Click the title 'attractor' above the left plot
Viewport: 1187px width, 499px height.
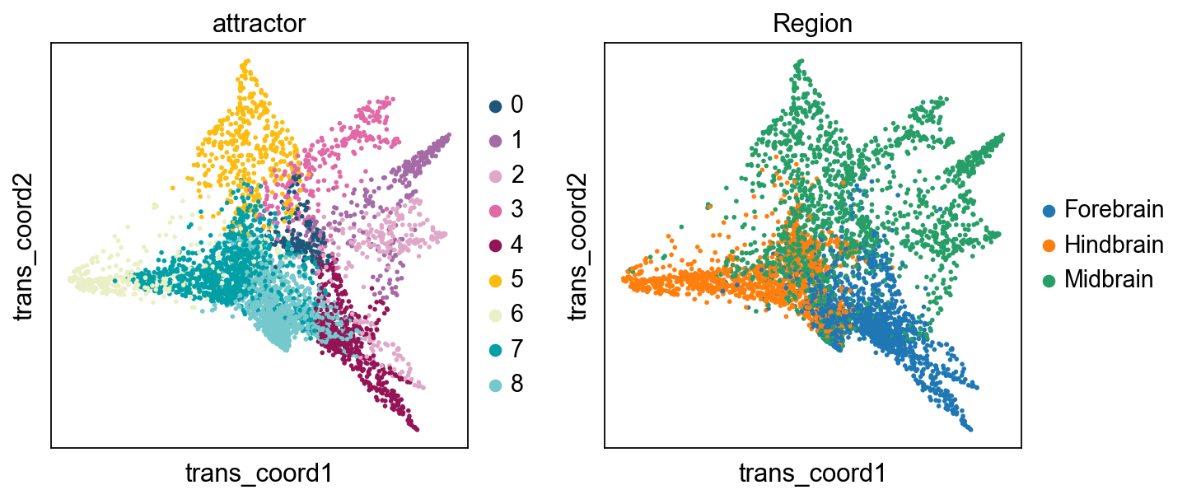coord(259,24)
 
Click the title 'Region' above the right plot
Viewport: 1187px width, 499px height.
coord(812,24)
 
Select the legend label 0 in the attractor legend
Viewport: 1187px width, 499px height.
coord(516,105)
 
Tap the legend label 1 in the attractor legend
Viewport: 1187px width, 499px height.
coord(516,140)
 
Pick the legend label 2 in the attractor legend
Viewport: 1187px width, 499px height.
coord(516,175)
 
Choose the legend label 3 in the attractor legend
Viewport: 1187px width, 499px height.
coord(516,210)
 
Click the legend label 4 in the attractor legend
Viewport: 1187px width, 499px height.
coord(516,245)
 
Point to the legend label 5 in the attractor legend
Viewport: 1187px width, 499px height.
coord(516,279)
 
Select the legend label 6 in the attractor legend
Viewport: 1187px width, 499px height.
coord(516,315)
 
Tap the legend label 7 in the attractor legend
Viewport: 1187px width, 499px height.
coord(516,349)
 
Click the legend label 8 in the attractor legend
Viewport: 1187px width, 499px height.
coord(516,385)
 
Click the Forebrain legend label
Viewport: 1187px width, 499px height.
coord(1114,209)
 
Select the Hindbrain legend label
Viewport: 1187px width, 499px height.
coord(1114,245)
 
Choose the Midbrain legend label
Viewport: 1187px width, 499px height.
coord(1109,279)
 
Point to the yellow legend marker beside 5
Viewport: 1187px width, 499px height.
coord(495,280)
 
